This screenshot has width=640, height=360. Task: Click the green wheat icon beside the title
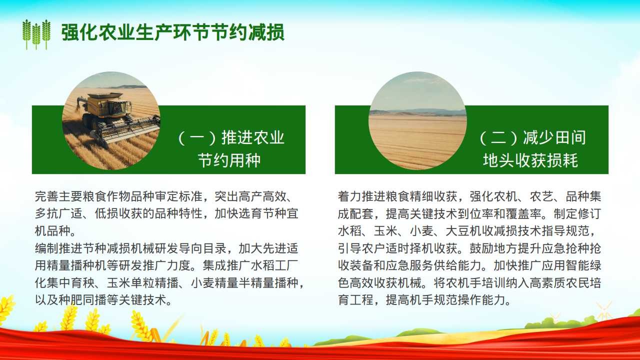(x=36, y=34)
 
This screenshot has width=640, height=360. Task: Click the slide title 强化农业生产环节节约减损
(x=173, y=32)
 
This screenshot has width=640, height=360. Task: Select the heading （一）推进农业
(x=231, y=137)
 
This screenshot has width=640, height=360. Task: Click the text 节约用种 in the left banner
(x=229, y=160)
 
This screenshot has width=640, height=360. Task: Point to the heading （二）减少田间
(x=533, y=137)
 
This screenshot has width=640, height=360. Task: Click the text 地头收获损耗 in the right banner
(x=530, y=160)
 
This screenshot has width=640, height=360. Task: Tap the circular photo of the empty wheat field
(x=417, y=120)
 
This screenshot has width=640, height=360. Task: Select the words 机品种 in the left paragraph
(x=53, y=231)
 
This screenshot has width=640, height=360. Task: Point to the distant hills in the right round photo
(x=417, y=111)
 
